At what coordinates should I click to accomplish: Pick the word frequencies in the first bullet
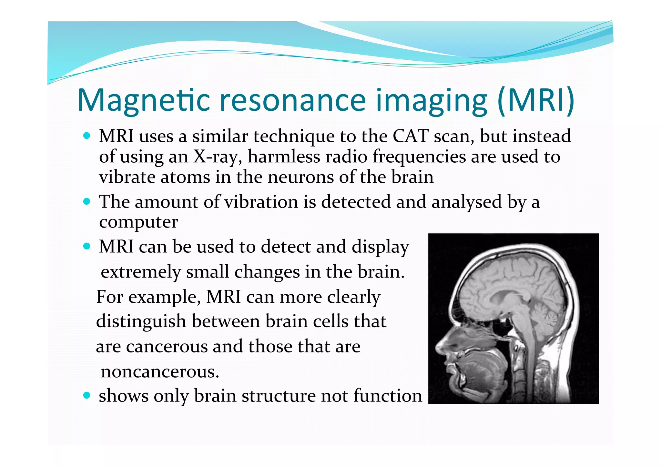[x=419, y=157]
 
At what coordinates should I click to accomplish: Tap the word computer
[x=138, y=222]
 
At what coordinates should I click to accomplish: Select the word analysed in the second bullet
[x=466, y=202]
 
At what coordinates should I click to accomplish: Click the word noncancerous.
[x=160, y=372]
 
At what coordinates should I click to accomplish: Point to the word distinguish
[x=141, y=322]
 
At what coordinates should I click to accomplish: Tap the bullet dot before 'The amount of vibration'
[x=86, y=202]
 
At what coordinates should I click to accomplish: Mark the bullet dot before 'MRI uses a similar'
[x=86, y=136]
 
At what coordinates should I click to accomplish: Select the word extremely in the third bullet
[x=141, y=272]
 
